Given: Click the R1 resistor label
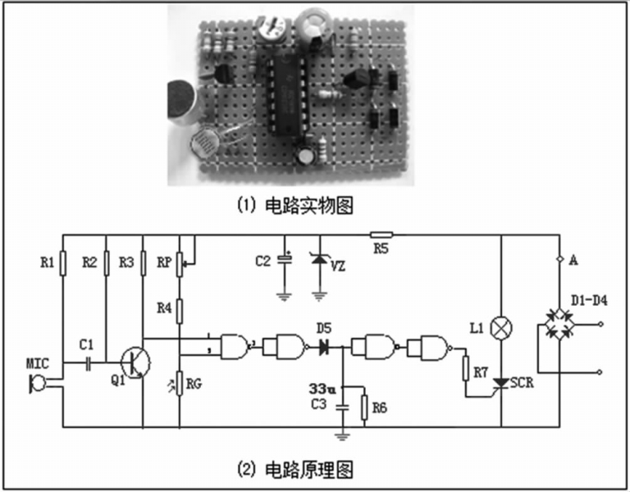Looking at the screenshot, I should (48, 262).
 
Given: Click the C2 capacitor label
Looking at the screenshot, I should (263, 262).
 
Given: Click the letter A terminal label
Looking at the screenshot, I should (573, 261).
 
